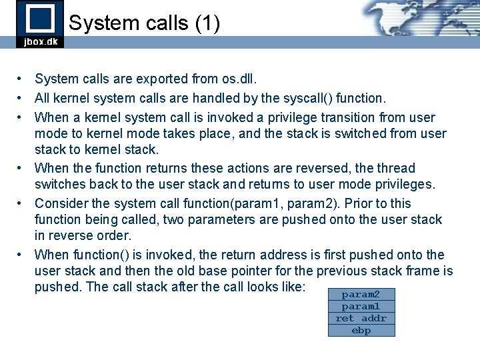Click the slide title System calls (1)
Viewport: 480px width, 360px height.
144,23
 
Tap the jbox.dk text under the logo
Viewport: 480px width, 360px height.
40,41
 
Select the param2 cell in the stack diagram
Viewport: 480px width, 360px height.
361,294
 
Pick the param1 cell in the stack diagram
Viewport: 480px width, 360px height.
361,306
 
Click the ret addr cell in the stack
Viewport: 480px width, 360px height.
361,318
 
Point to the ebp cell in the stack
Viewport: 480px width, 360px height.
361,330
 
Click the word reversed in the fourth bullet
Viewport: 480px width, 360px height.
331,168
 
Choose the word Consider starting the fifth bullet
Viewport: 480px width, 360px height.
61,203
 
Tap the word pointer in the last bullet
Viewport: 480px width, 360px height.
281,271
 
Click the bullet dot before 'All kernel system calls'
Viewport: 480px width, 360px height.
22,99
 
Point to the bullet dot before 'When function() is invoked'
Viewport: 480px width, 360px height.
22,255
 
